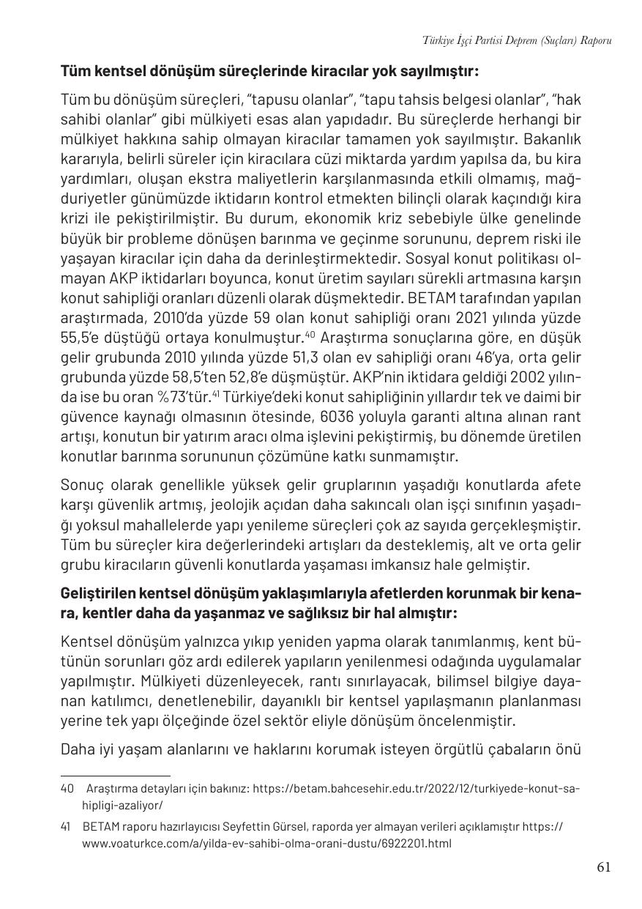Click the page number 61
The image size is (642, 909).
(x=603, y=867)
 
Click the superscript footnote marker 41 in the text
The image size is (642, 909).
(x=217, y=394)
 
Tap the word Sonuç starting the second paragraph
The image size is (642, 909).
(x=81, y=486)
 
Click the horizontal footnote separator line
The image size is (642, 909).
(x=116, y=776)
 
